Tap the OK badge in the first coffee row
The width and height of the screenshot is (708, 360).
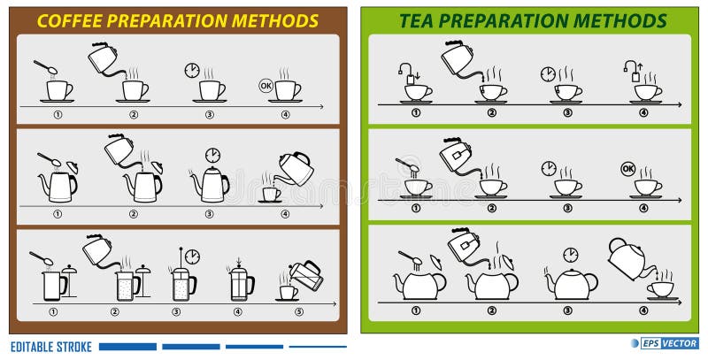tap(265, 86)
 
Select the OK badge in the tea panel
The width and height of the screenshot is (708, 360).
tap(628, 168)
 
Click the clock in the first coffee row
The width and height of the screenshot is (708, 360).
tap(191, 70)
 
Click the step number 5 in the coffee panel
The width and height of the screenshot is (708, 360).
tap(299, 310)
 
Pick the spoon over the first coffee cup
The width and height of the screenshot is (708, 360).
tap(44, 67)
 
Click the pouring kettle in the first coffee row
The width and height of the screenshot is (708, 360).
tap(104, 59)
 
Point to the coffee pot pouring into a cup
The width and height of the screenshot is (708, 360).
tap(295, 166)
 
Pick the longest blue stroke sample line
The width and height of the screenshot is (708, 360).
tap(127, 346)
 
